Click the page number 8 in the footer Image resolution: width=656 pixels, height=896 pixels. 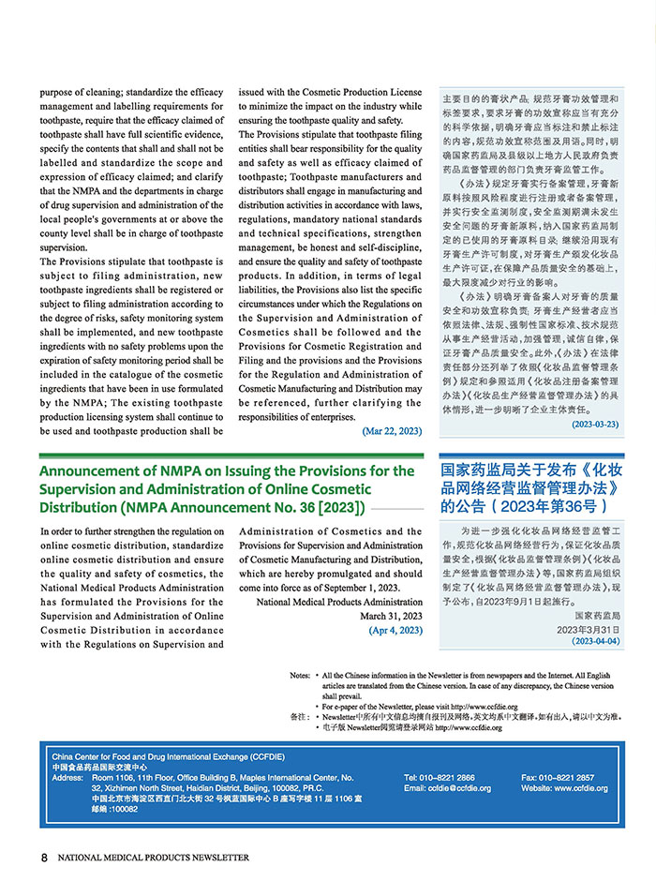tap(44, 857)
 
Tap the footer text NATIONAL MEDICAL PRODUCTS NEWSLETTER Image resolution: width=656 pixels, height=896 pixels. tap(154, 857)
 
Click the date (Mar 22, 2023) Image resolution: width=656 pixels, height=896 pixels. tap(392, 431)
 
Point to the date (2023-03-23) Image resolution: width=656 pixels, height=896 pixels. tap(595, 425)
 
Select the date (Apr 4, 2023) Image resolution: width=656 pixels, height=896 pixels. tap(395, 630)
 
